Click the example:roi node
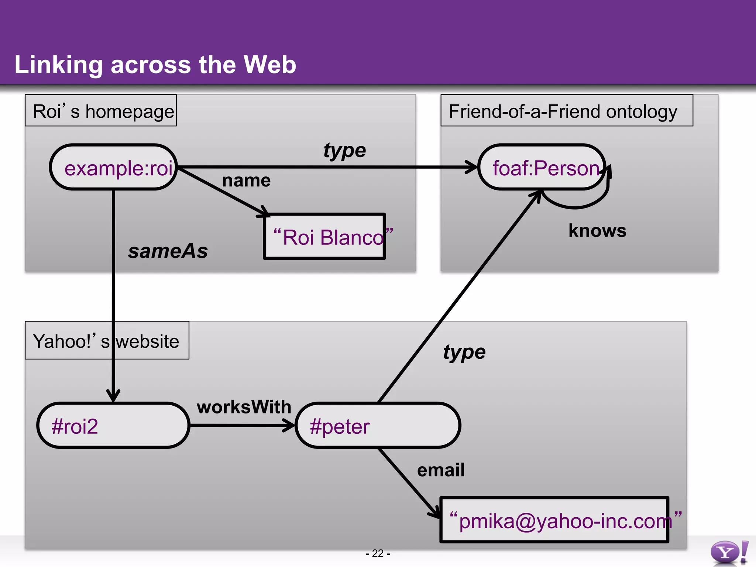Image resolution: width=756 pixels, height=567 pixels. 114,167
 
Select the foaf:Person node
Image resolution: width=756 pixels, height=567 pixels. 542,167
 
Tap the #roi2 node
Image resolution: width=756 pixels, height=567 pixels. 113,425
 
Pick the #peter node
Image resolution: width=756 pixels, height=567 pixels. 378,425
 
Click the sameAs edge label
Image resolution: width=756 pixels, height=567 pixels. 168,251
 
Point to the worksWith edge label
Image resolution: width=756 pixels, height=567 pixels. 244,407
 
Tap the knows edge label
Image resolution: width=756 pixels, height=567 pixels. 597,231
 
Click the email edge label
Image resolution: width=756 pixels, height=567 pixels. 441,470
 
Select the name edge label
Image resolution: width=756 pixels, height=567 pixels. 246,181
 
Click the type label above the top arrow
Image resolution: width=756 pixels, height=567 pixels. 344,151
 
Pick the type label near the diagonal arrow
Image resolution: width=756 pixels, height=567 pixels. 464,352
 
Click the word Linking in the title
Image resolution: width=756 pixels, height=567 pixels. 58,65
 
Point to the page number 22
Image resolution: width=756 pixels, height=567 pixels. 378,553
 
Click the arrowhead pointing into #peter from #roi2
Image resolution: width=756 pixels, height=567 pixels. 290,425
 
